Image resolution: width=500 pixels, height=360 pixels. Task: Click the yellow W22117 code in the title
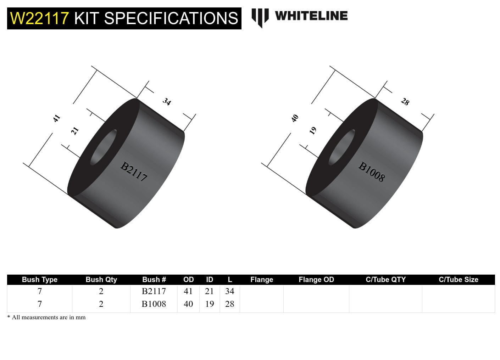39,18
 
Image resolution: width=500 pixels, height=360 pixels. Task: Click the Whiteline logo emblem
260,18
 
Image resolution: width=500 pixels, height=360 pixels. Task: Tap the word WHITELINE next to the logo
311,16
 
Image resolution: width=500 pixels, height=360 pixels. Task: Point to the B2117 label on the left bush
134,171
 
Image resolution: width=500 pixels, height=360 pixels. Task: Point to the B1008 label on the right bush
371,171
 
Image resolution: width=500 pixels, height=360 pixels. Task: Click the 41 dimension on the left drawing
56,118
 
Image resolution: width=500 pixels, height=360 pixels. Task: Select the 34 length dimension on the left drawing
167,102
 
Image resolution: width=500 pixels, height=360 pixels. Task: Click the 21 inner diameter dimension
74,131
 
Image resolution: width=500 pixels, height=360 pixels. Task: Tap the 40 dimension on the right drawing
295,118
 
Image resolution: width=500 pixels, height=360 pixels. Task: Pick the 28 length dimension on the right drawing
405,102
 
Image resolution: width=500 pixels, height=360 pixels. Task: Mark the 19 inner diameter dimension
313,131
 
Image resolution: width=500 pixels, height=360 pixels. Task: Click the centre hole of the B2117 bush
104,147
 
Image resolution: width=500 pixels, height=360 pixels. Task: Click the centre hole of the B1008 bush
342,147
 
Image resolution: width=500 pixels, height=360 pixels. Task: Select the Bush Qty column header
101,280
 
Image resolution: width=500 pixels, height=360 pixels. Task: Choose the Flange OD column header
316,280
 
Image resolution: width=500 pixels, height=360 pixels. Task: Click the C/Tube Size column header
458,280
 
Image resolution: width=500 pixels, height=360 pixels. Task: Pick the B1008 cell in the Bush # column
154,304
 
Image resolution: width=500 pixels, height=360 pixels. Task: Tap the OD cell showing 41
188,291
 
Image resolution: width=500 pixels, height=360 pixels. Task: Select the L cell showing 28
229,304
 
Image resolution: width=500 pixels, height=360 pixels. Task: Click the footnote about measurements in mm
46,317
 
